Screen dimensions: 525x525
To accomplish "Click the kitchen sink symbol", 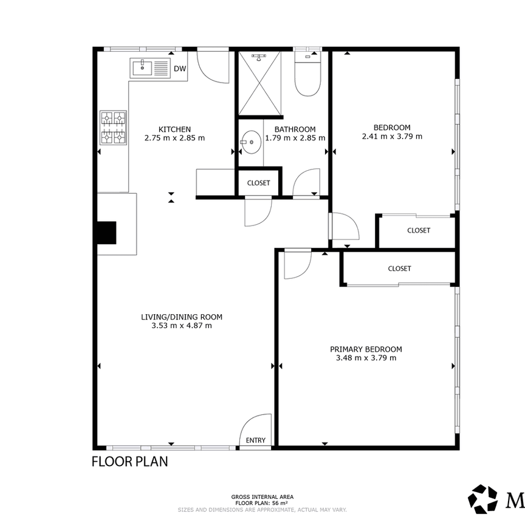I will point(149,68).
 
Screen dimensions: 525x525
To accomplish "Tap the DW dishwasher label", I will point(180,69).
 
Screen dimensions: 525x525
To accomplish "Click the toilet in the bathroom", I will point(308,77).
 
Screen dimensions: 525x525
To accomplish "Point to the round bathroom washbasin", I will point(250,143).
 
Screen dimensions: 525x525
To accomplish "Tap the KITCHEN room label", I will point(174,129).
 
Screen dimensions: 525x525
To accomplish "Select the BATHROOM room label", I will point(295,129).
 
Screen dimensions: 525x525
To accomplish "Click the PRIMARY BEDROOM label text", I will point(366,349).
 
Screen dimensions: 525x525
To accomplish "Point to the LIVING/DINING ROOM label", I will point(182,317).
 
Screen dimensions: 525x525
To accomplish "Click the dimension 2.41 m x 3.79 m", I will point(392,137).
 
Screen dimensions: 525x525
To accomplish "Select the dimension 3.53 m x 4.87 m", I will point(182,326).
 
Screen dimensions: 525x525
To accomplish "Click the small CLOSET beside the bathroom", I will point(258,182).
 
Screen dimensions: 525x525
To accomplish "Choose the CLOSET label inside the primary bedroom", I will point(399,269).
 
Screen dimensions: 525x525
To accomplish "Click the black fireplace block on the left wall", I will point(106,233).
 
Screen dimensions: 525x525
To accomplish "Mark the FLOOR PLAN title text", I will point(129,462).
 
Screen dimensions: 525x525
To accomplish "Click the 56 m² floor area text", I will point(262,503).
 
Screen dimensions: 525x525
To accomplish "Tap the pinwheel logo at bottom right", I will point(482,498).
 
